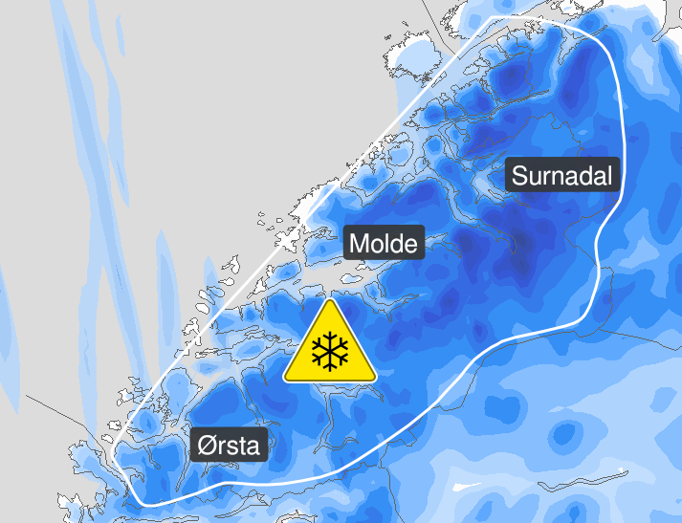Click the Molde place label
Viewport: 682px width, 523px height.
pyautogui.click(x=384, y=244)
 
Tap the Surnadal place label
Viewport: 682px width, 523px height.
pyautogui.click(x=561, y=176)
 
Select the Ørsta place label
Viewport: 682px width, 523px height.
pyautogui.click(x=230, y=445)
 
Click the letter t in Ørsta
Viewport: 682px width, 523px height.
pyautogui.click(x=244, y=446)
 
